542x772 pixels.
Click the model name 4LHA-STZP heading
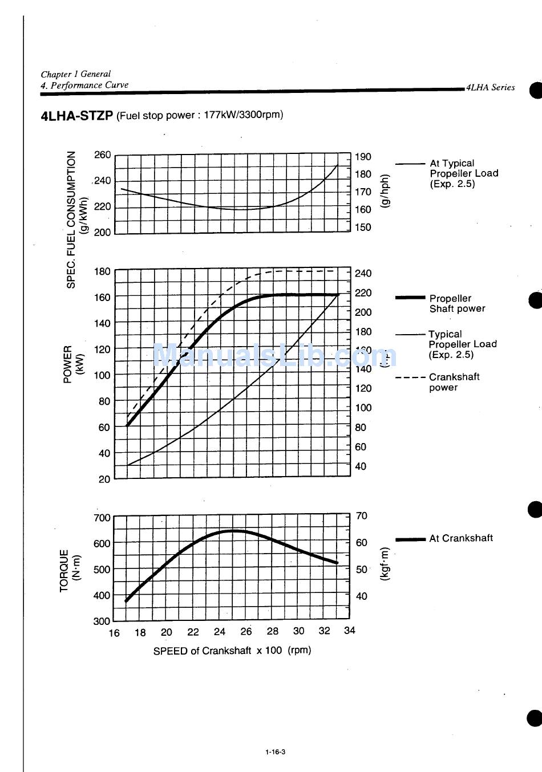[77, 116]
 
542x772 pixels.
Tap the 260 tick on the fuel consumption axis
[103, 155]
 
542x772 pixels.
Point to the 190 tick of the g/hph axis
[363, 157]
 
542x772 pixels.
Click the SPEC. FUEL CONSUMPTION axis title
[71, 220]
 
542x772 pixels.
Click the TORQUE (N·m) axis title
[70, 570]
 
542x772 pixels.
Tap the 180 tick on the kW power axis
[103, 271]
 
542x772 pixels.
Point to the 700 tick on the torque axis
[102, 518]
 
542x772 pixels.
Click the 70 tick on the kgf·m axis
[362, 516]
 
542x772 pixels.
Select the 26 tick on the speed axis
[246, 631]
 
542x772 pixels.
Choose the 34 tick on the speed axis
[350, 630]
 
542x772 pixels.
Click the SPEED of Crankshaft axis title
[232, 651]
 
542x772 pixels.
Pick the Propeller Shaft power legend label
[457, 303]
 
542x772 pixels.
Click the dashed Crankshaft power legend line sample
[410, 377]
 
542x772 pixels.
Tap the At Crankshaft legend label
[461, 538]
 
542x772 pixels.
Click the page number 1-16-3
[275, 751]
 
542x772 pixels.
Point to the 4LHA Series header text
[491, 87]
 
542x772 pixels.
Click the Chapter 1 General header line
[76, 74]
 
